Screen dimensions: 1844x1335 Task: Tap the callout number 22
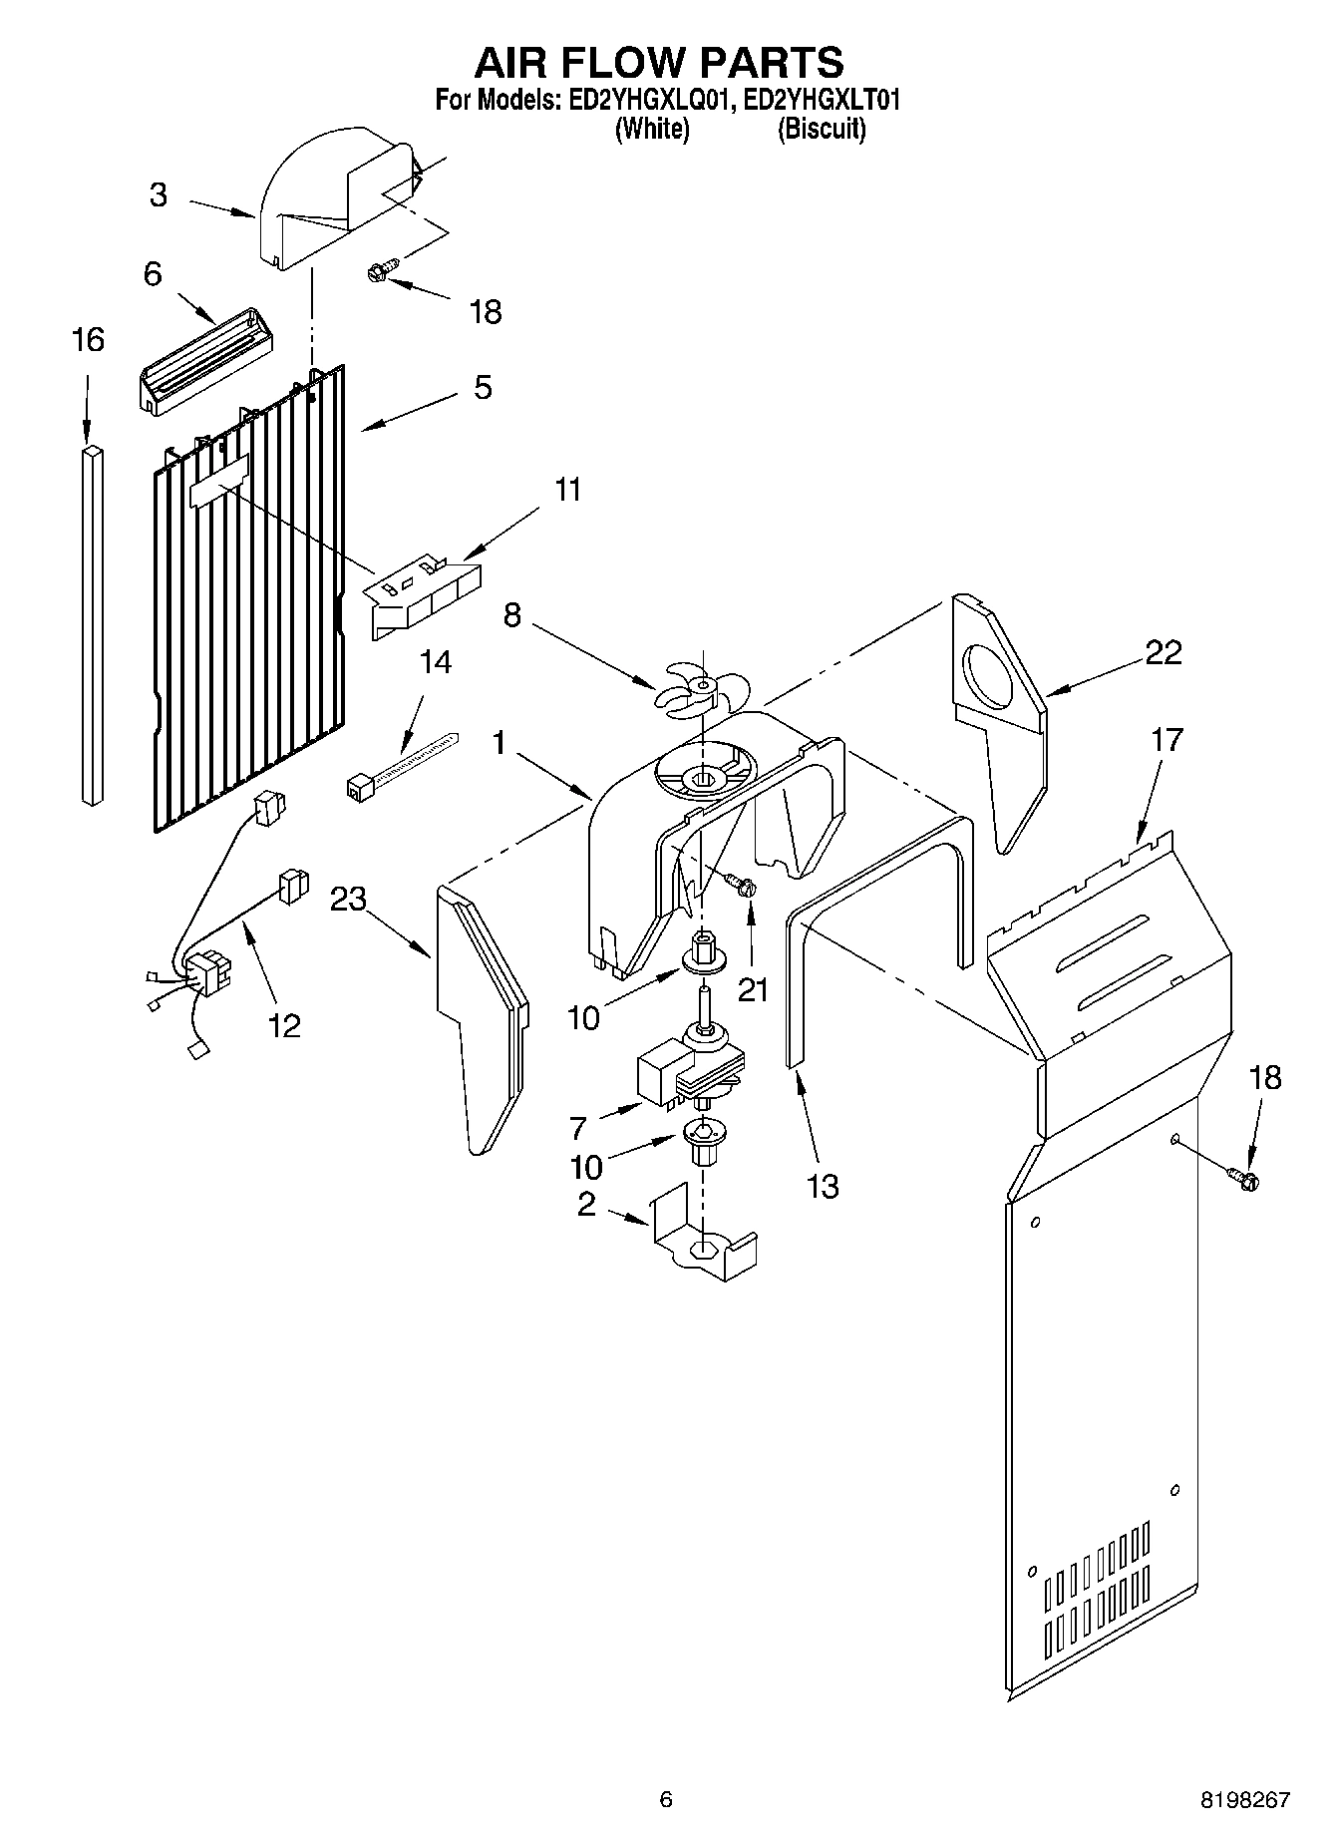1164,652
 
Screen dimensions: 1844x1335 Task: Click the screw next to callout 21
741,883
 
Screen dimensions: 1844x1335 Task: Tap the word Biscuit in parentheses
821,129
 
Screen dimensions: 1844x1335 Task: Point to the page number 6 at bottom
666,1800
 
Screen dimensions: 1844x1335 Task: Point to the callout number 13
824,1187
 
